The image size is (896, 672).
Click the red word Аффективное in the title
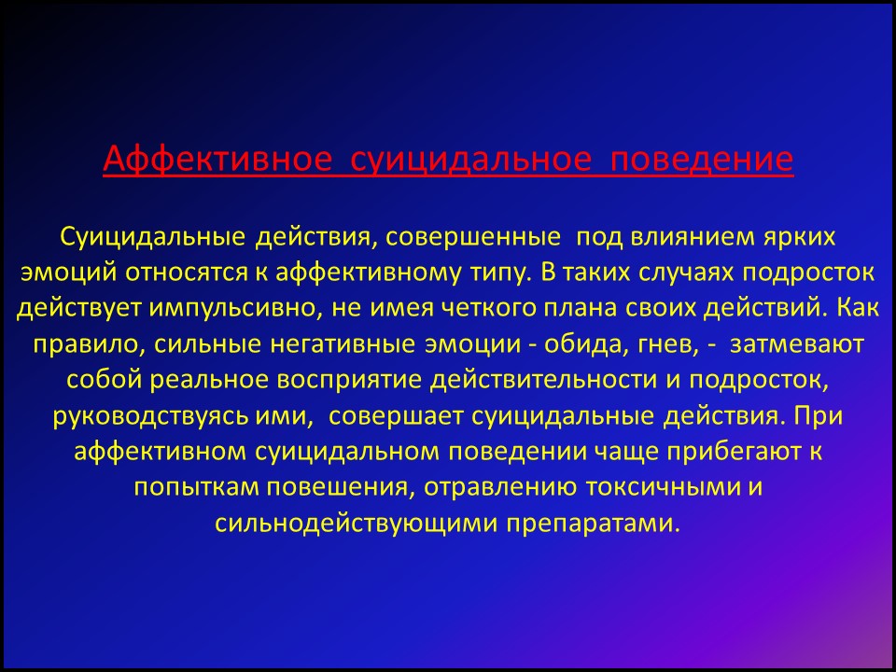click(x=217, y=160)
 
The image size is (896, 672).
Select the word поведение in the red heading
click(x=702, y=160)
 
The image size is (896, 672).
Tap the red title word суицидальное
click(x=470, y=160)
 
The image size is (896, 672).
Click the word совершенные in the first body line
click(x=473, y=237)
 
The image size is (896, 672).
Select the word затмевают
click(x=796, y=345)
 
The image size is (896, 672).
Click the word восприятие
click(x=347, y=381)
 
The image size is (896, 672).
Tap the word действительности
click(x=543, y=381)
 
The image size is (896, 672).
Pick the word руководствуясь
click(x=151, y=417)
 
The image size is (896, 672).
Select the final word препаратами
click(x=595, y=524)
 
